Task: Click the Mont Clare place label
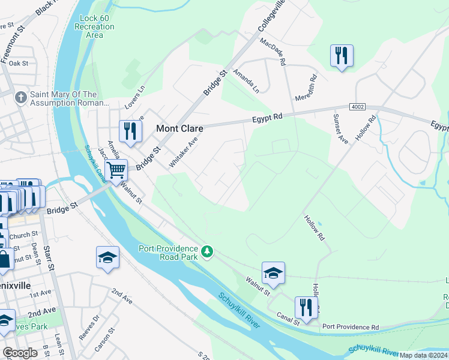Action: pos(179,128)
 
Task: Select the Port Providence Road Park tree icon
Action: pos(207,251)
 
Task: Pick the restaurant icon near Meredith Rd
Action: pos(341,55)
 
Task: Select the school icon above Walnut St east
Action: pos(273,273)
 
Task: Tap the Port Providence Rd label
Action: pos(351,327)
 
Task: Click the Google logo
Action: pos(20,353)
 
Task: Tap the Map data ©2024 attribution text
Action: pos(423,355)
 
